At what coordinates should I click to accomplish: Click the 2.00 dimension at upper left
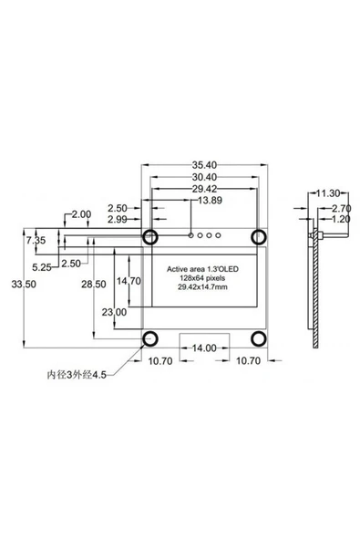(x=80, y=214)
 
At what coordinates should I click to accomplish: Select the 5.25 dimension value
(x=41, y=268)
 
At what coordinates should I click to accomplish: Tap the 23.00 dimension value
(x=115, y=312)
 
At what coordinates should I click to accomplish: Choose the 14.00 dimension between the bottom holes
(x=203, y=348)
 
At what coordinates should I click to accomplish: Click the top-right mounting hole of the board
(x=259, y=236)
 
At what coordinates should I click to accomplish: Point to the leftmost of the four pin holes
(x=190, y=236)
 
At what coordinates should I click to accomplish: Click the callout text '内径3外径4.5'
(x=77, y=374)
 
